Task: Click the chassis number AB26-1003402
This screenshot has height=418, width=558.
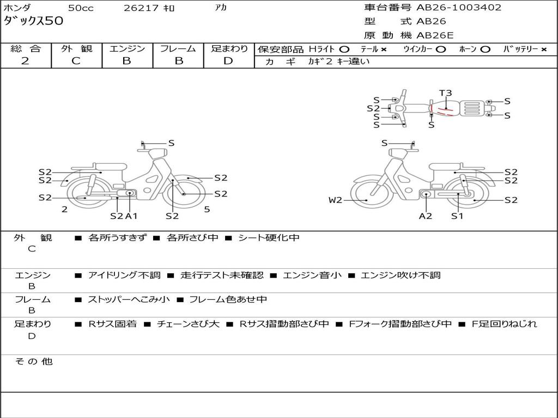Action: click(x=459, y=8)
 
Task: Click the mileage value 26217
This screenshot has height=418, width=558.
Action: click(x=141, y=8)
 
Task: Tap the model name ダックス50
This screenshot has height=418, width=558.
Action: click(x=34, y=21)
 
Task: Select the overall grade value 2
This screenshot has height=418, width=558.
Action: click(x=25, y=61)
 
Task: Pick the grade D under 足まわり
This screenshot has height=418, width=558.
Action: click(x=228, y=61)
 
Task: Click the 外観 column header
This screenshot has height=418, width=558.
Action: click(x=76, y=48)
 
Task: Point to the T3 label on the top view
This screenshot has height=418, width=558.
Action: click(x=446, y=93)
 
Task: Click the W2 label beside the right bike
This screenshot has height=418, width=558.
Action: click(x=335, y=200)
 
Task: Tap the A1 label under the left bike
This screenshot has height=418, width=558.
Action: click(x=131, y=216)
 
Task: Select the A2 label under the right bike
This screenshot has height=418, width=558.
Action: click(x=426, y=216)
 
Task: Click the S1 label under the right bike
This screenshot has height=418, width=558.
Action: click(x=457, y=216)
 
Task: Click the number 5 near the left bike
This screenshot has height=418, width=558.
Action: click(x=207, y=209)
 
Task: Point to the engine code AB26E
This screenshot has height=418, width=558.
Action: click(x=435, y=35)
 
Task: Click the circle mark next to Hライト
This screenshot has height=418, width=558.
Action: click(x=344, y=50)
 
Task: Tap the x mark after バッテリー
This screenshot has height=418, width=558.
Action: click(x=544, y=50)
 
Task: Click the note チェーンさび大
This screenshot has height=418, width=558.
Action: click(x=188, y=324)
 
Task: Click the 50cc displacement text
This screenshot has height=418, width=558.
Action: click(x=81, y=8)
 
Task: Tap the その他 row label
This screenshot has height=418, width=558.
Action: click(x=34, y=361)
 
